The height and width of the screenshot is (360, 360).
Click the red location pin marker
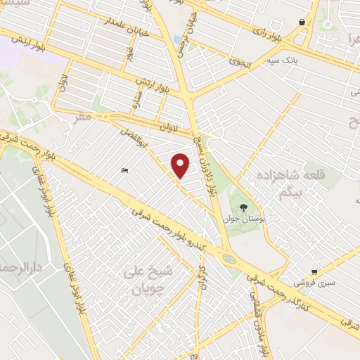pyautogui.click(x=181, y=165)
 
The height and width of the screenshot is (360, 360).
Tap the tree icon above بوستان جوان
pyautogui.click(x=243, y=207)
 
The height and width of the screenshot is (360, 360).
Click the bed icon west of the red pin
pyautogui.click(x=124, y=171)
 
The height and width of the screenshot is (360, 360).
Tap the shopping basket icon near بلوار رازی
pyautogui.click(x=302, y=22)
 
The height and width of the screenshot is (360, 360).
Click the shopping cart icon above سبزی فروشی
pyautogui.click(x=314, y=271)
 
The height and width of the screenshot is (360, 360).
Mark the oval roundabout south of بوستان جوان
pyautogui.click(x=229, y=259)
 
